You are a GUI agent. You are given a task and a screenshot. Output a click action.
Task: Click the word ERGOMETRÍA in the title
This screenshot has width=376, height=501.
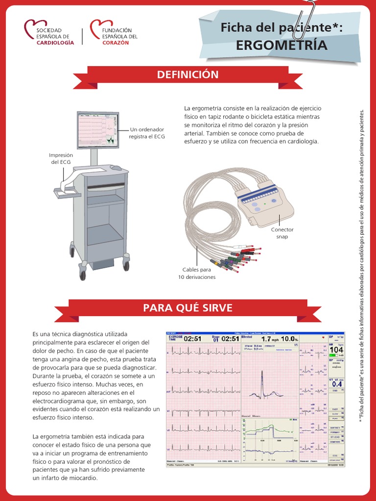(x=281, y=46)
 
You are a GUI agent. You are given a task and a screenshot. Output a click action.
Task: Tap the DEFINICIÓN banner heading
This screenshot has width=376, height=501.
(x=188, y=75)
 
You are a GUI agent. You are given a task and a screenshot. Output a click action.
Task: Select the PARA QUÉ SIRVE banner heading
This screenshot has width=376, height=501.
(x=188, y=308)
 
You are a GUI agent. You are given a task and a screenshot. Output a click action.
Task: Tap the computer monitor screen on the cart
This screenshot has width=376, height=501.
(x=98, y=130)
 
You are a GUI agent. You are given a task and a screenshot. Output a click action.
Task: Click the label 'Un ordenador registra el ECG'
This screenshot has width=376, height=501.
(x=146, y=133)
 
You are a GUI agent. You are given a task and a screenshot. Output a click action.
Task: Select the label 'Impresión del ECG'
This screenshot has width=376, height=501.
(x=61, y=159)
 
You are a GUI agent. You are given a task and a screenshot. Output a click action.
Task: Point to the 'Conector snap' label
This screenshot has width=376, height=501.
(x=282, y=233)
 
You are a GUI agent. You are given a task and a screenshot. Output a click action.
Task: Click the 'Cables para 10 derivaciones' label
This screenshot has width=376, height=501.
(x=196, y=273)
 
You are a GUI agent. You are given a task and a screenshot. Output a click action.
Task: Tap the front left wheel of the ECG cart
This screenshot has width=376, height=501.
(x=82, y=274)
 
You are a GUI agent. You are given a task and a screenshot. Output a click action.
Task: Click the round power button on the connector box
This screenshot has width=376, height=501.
(x=274, y=201)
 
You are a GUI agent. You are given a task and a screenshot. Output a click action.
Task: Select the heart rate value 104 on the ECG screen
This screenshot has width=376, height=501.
(x=336, y=350)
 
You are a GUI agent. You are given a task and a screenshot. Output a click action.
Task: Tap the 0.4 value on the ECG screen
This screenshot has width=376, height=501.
(x=336, y=384)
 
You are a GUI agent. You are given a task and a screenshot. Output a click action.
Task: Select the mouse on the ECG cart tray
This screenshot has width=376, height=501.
(x=116, y=168)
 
